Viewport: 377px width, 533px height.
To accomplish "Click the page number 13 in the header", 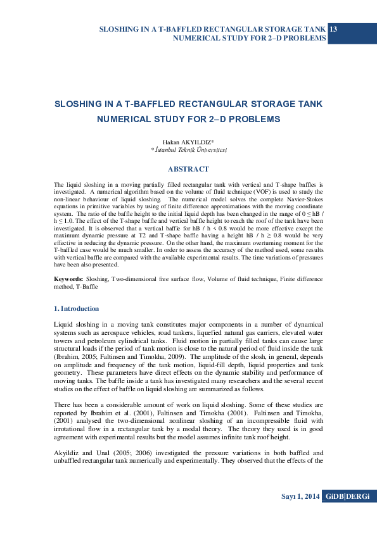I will click(334, 30).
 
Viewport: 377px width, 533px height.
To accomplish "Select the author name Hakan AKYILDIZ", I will click(188, 143).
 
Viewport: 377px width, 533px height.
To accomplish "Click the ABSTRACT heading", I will click(188, 169).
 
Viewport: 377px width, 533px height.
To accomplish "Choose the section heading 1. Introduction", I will click(77, 308).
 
